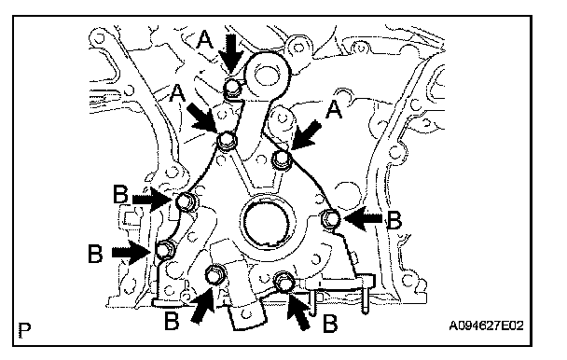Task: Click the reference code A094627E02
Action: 486,326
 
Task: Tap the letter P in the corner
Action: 24,330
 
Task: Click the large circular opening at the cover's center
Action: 268,222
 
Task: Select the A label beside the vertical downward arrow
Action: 205,39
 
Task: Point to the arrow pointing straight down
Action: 235,54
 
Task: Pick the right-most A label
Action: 334,109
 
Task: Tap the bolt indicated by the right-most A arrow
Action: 282,159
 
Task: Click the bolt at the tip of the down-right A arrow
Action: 227,141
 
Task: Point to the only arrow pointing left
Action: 363,218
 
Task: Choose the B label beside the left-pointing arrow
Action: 394,220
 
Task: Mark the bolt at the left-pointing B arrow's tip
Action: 331,219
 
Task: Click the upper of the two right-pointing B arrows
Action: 152,199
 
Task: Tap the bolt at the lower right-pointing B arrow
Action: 166,250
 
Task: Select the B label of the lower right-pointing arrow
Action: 95,254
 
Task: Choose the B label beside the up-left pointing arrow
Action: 330,323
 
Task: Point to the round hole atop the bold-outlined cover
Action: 266,76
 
